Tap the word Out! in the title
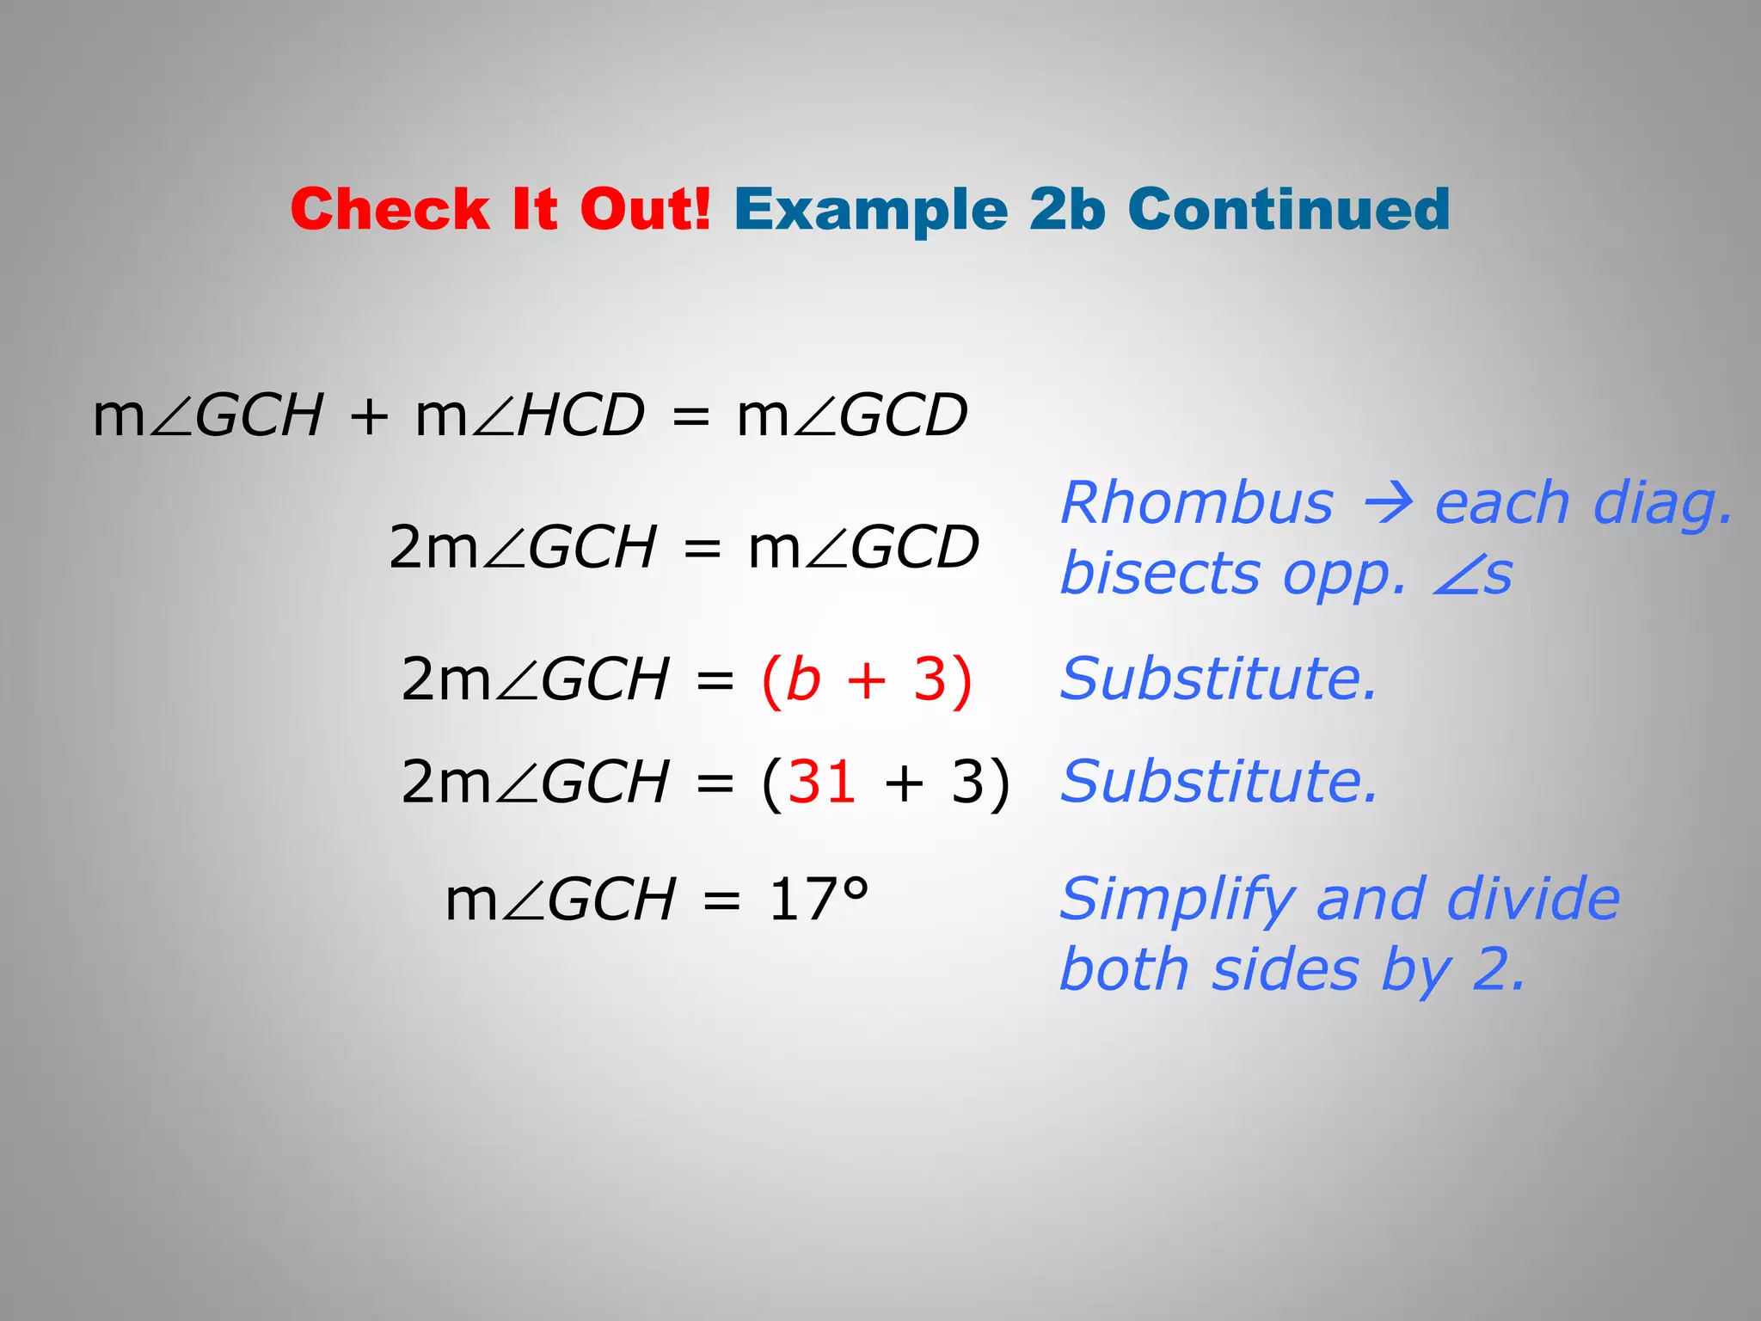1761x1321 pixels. click(645, 209)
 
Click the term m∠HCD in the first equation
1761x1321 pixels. click(530, 415)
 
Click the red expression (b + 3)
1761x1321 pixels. click(867, 679)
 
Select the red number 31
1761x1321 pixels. click(822, 783)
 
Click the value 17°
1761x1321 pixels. click(819, 900)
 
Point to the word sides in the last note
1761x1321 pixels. click(1285, 970)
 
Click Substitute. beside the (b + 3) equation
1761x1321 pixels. click(1218, 679)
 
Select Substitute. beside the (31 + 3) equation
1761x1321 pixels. click(1218, 783)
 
